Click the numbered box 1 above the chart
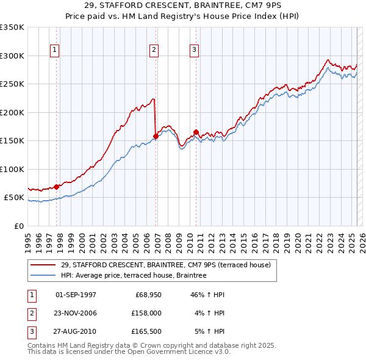(55, 50)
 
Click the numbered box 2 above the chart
(154, 50)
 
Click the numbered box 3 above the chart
(194, 50)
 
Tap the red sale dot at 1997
(57, 187)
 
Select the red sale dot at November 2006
(156, 136)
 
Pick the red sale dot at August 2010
(196, 132)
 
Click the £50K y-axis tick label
(14, 198)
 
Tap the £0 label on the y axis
(18, 226)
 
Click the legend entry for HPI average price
(134, 275)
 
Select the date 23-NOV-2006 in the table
(76, 313)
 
